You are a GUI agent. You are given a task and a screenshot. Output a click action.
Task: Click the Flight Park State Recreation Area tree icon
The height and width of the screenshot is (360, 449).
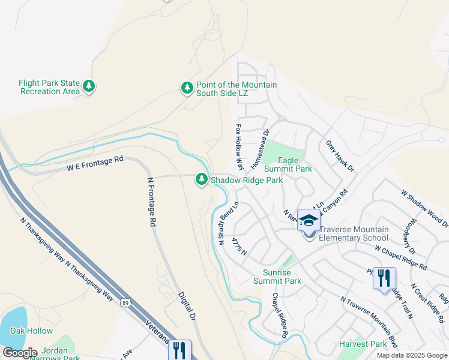coord(89,87)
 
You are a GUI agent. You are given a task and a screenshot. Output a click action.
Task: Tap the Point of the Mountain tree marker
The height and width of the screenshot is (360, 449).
coord(187,88)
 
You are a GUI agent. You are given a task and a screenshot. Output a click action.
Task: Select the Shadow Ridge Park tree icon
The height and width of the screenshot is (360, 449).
coord(202,179)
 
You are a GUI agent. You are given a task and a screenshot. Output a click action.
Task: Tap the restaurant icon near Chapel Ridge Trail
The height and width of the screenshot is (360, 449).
coord(384,278)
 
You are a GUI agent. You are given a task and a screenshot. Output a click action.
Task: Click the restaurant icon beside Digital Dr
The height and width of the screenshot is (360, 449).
coord(179,350)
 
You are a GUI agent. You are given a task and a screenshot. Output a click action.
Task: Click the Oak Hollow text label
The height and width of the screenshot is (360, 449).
coord(31,331)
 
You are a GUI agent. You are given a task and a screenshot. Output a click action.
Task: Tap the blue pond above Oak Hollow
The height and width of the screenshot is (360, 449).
coord(13,320)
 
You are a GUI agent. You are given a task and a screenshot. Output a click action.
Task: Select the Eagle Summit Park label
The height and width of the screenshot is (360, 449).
coord(295,164)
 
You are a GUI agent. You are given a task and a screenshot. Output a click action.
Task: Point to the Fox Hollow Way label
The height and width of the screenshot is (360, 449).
coord(240,147)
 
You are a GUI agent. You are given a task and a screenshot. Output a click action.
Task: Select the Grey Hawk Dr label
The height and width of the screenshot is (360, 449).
coord(340,155)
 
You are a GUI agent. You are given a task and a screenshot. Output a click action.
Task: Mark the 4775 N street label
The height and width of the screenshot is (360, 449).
coord(240,247)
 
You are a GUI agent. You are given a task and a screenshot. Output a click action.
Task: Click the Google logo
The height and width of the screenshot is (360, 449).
coord(20,352)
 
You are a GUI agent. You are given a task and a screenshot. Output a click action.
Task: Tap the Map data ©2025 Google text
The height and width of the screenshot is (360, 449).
coord(411,355)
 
